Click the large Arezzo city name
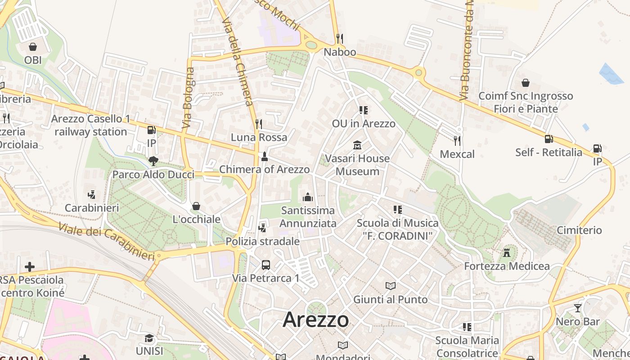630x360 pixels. click(x=315, y=320)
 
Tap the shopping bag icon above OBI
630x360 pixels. click(x=32, y=47)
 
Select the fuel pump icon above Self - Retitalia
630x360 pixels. click(x=549, y=139)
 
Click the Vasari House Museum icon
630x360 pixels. click(x=357, y=145)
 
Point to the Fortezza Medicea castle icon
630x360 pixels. click(x=507, y=252)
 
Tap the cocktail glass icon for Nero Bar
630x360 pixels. click(x=577, y=308)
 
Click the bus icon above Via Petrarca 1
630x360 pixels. click(x=265, y=265)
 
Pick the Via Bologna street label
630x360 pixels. click(x=189, y=99)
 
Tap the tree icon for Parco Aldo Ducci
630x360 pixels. click(x=153, y=161)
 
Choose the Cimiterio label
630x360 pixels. click(x=579, y=230)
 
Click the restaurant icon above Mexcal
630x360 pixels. click(x=457, y=141)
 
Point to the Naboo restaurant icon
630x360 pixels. click(x=340, y=39)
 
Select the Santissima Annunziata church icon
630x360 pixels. click(x=308, y=197)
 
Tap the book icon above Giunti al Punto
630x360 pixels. click(x=390, y=286)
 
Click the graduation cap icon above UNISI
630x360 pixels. click(x=149, y=338)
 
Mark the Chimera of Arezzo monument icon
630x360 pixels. click(x=264, y=157)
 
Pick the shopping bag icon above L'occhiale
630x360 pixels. click(x=196, y=206)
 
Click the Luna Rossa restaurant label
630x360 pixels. click(x=259, y=137)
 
